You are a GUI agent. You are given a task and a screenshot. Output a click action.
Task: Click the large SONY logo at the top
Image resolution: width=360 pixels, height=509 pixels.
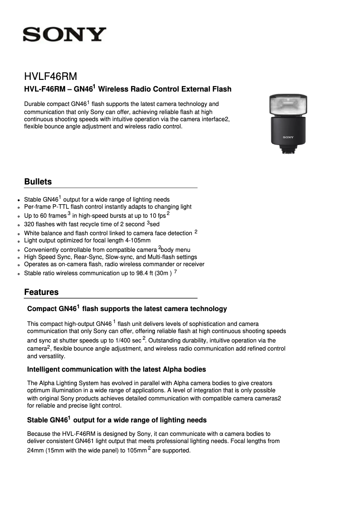[x=65, y=35]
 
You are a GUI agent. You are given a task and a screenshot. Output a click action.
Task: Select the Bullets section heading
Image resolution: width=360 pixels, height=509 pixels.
[x=38, y=182]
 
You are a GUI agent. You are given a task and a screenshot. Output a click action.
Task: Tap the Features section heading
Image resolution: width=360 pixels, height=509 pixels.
[x=41, y=292]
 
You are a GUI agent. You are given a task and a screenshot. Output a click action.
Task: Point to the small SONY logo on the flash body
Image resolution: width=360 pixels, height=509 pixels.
[x=288, y=137]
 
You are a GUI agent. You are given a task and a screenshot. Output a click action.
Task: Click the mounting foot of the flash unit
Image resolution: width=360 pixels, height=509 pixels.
[x=288, y=150]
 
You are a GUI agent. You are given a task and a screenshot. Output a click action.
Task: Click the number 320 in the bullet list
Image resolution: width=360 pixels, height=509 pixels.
[x=29, y=224]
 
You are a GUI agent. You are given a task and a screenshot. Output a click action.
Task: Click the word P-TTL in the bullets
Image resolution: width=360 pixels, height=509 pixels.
[x=63, y=207]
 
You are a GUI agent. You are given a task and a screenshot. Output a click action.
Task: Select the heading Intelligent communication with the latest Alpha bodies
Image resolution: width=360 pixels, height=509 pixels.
[x=116, y=369]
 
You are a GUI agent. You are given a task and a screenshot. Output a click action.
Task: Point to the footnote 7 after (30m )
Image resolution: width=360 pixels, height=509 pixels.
[x=175, y=271]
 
